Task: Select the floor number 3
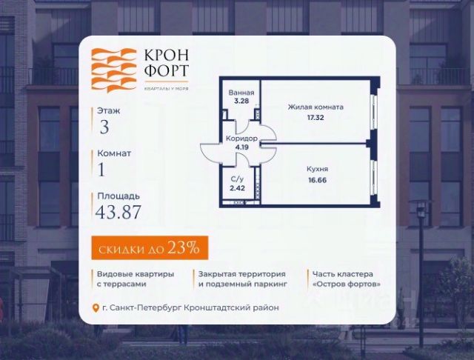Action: [x=104, y=126]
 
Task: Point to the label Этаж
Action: [x=107, y=110]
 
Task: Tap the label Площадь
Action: [x=118, y=196]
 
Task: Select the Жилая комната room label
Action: [x=316, y=107]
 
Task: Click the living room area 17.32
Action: [x=316, y=117]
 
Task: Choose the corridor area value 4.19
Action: [x=241, y=147]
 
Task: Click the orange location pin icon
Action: [x=94, y=308]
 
